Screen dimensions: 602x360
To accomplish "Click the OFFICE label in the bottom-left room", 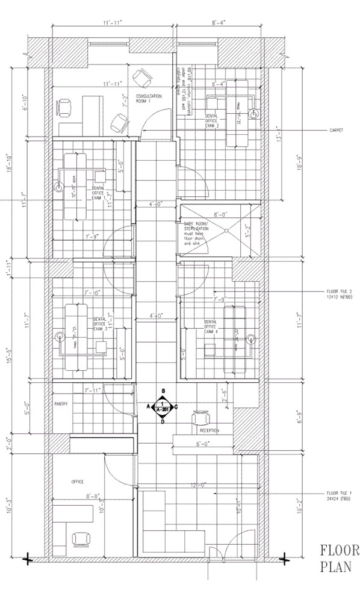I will (x=76, y=482).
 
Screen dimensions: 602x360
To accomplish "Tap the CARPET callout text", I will (x=336, y=131).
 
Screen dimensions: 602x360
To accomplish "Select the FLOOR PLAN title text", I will (x=339, y=559).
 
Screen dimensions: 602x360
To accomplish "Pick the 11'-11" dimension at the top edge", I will (x=112, y=22).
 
